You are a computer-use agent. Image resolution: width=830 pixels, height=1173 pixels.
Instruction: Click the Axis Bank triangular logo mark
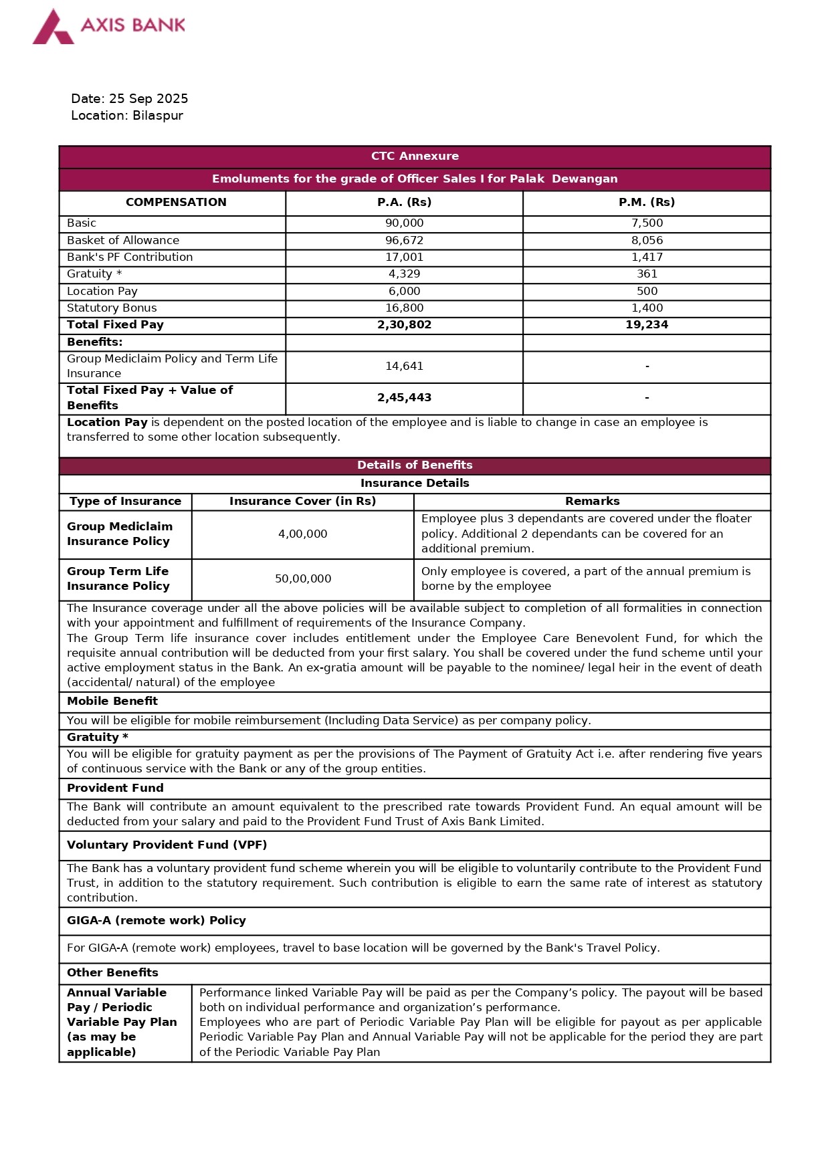(x=53, y=28)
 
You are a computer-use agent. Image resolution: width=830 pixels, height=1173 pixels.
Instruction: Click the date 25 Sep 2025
(x=148, y=99)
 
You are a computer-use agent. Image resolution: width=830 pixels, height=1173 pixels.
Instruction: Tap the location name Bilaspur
(x=158, y=116)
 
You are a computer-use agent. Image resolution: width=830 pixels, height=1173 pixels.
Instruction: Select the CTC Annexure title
(x=415, y=156)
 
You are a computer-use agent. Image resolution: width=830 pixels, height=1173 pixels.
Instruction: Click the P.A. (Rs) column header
(x=404, y=203)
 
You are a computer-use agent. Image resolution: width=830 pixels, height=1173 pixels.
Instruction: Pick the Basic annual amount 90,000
(x=404, y=223)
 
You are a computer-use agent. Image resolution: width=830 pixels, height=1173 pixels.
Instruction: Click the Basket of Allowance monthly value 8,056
(x=647, y=241)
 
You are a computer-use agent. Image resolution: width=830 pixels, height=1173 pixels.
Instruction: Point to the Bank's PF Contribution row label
(x=130, y=257)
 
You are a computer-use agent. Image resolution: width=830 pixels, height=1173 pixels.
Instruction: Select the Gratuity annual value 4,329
(x=404, y=274)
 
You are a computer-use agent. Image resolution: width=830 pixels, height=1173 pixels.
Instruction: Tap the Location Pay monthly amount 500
(x=647, y=292)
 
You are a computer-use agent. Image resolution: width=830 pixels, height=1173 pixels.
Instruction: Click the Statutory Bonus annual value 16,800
(x=404, y=308)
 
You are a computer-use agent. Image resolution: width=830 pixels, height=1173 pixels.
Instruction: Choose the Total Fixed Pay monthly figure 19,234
(x=647, y=325)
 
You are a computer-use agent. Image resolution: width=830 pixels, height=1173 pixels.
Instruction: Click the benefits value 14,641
(x=404, y=366)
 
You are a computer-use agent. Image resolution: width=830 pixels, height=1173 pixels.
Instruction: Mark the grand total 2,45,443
(x=404, y=398)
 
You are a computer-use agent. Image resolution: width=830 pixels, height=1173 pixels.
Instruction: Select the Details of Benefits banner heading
(x=415, y=465)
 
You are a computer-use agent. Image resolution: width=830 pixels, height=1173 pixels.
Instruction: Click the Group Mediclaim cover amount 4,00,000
(x=303, y=534)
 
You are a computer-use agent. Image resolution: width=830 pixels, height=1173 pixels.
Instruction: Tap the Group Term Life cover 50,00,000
(x=303, y=579)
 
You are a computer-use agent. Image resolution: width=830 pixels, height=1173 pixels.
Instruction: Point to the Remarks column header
(x=592, y=502)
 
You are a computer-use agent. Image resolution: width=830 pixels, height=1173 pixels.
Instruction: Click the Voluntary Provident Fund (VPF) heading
(x=167, y=845)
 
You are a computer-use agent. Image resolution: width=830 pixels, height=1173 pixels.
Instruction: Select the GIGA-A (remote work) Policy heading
(x=157, y=921)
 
